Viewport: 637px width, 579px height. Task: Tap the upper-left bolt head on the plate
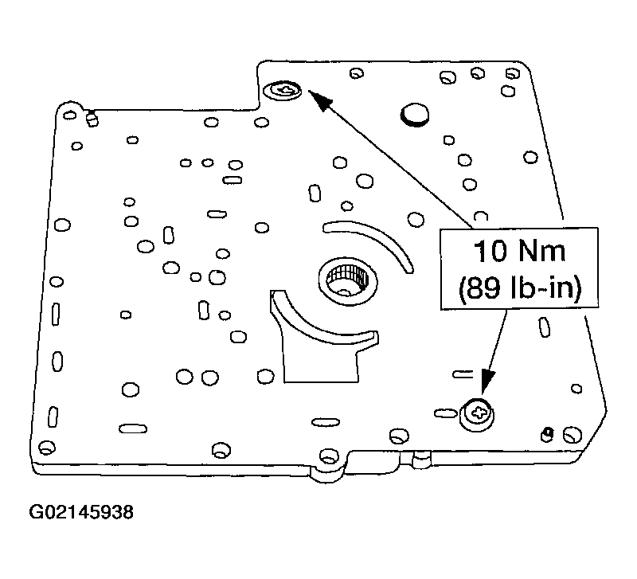(x=283, y=92)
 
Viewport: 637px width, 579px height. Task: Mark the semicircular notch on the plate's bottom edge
(x=328, y=462)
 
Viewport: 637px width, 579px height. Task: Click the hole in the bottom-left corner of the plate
(x=45, y=447)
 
